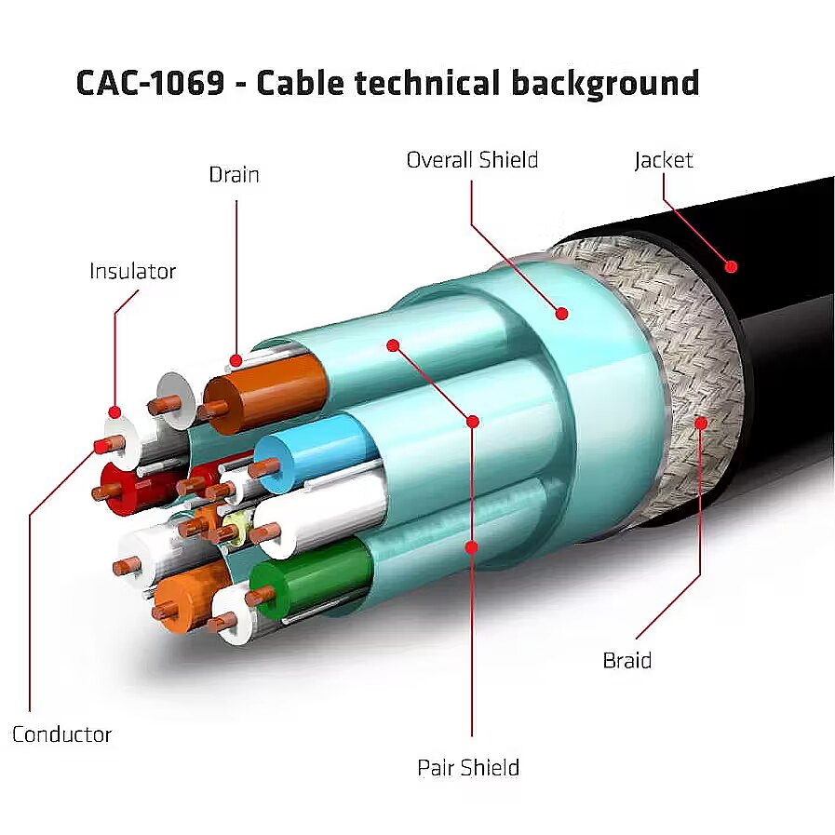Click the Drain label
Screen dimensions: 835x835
point(234,175)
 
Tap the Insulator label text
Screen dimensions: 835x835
point(132,272)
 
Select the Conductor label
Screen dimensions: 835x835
point(61,734)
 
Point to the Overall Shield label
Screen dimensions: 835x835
point(472,160)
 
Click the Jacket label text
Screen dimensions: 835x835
point(664,160)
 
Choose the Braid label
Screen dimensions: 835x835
point(626,661)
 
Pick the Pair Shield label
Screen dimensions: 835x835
point(468,768)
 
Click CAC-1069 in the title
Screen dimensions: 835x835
point(150,83)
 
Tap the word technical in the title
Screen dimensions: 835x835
point(423,83)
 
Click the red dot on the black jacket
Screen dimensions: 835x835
point(732,266)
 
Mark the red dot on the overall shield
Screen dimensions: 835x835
point(561,315)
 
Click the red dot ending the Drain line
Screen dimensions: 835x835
point(236,359)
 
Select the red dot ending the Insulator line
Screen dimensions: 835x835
point(114,411)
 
